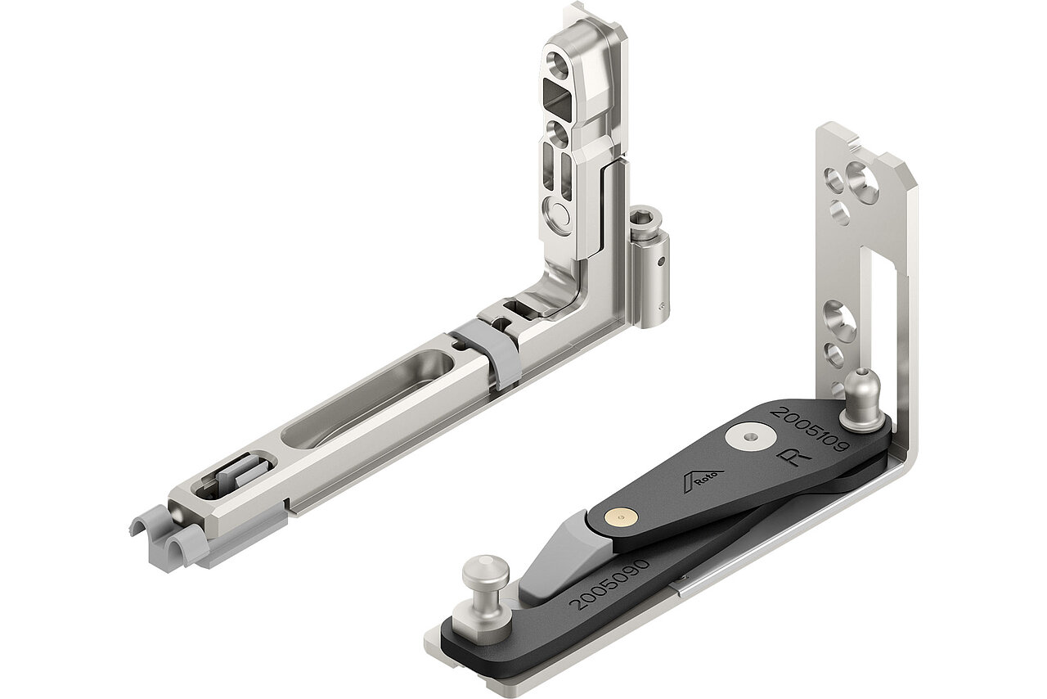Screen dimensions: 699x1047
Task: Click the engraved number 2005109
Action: click(813, 426)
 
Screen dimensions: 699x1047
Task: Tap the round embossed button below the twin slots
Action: click(559, 216)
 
